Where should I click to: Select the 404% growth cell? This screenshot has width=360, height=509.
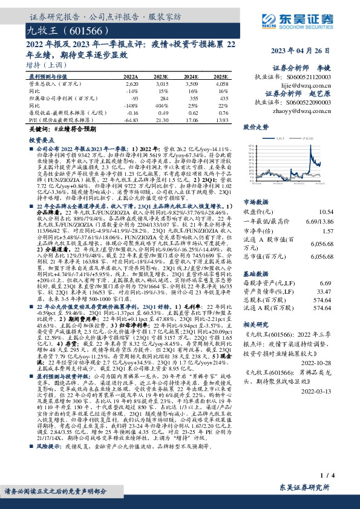point(162,105)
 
